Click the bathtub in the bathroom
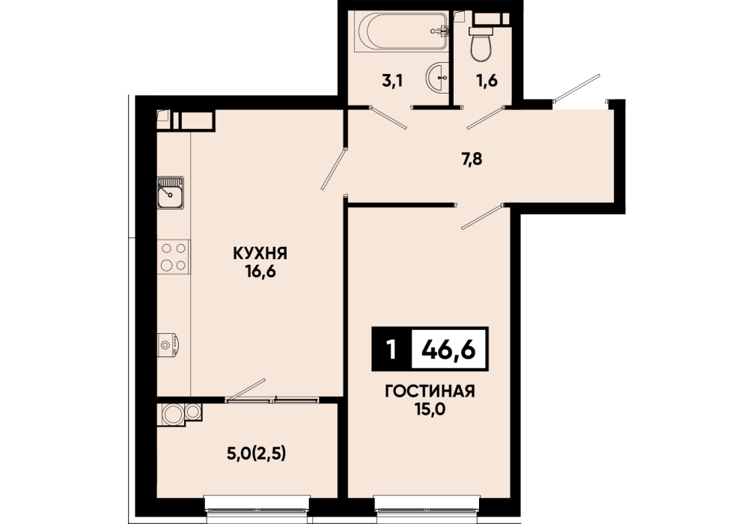401,31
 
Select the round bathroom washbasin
437,76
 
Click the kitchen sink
171,192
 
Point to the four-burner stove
174,257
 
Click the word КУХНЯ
260,253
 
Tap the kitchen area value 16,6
260,272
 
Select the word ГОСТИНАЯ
430,392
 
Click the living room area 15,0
430,409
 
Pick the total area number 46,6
448,350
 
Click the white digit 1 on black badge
392,350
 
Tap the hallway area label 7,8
472,159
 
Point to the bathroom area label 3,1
392,81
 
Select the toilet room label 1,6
487,81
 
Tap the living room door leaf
482,216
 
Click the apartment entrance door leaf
576,88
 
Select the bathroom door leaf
389,118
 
